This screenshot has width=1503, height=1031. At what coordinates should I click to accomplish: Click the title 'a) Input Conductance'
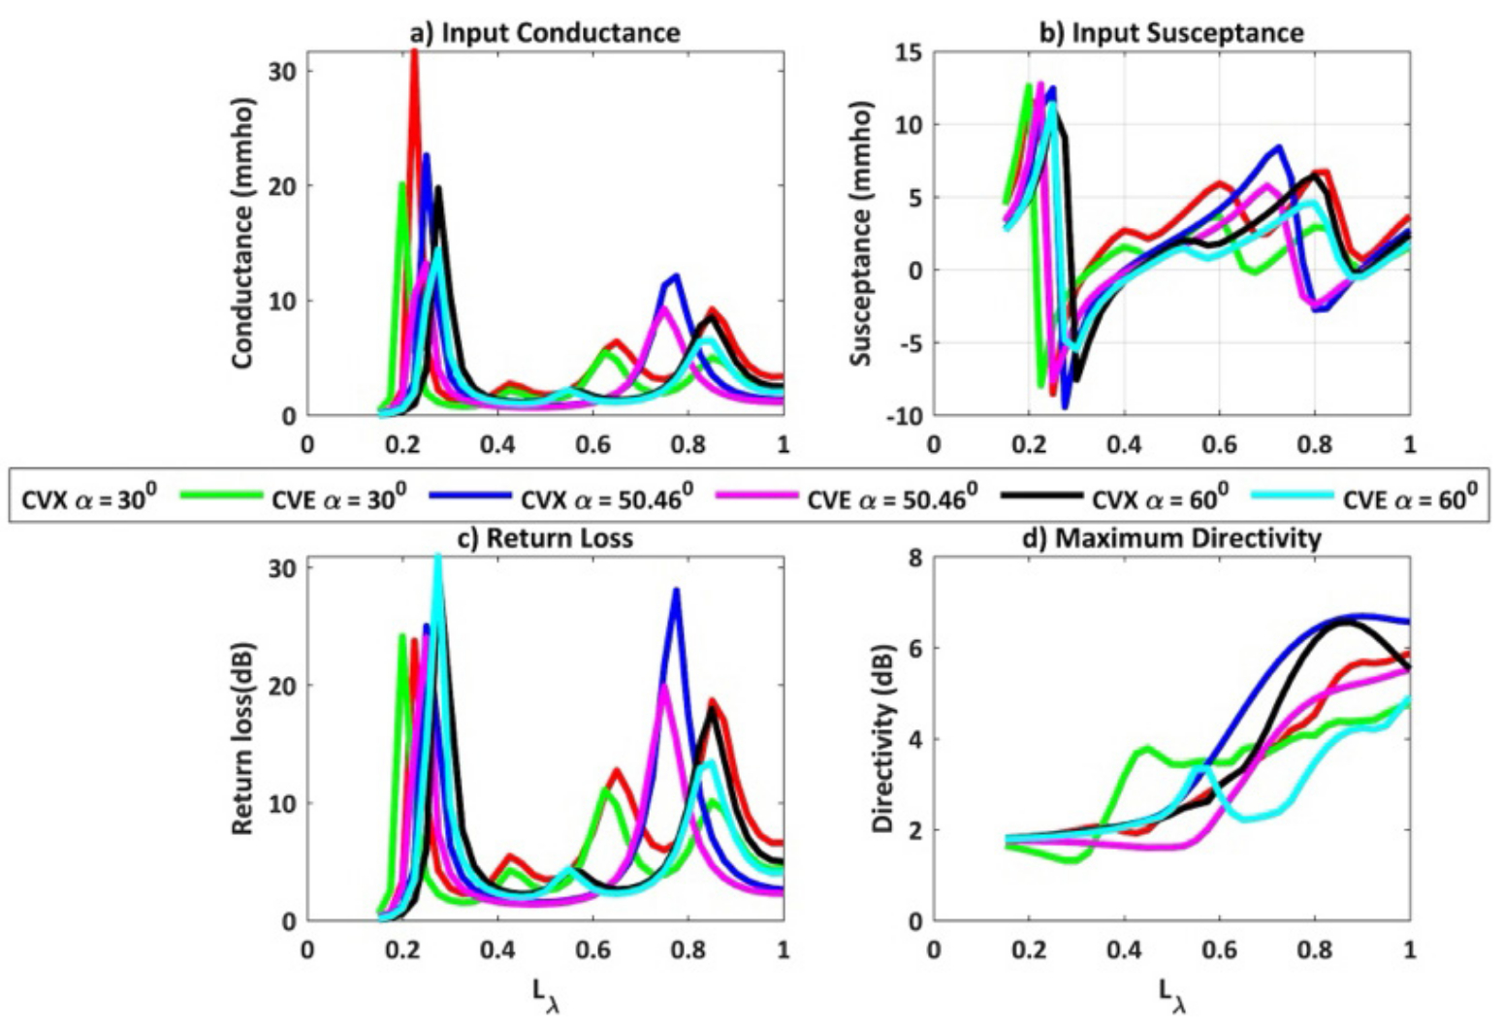pyautogui.click(x=546, y=32)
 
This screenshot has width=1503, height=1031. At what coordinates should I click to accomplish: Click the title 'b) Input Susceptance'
pyautogui.click(x=1171, y=32)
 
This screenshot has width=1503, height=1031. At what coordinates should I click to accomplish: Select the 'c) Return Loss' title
pyautogui.click(x=546, y=537)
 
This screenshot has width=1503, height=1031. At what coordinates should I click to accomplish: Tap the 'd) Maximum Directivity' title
pyautogui.click(x=1171, y=537)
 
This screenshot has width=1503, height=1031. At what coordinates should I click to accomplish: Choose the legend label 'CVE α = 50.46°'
pyautogui.click(x=892, y=499)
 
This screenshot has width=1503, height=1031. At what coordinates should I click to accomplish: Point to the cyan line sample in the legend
pyautogui.click(x=1290, y=496)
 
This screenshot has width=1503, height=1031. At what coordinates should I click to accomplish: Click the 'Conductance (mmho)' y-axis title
pyautogui.click(x=242, y=233)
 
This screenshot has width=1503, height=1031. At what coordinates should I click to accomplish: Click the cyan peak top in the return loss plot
pyautogui.click(x=437, y=557)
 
